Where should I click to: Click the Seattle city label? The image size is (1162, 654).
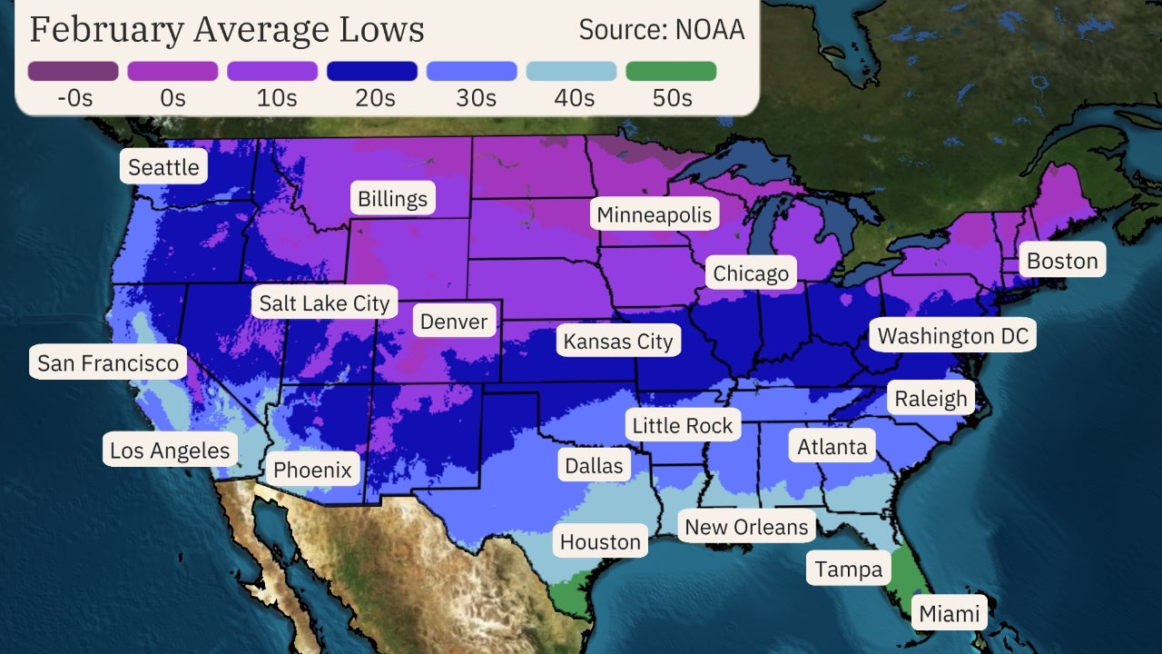(163, 167)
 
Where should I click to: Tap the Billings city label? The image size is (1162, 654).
(392, 199)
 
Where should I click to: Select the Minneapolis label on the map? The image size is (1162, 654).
(654, 214)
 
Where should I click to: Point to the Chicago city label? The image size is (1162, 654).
(751, 273)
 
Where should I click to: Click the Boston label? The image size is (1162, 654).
(1062, 261)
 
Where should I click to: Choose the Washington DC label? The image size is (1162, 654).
(953, 336)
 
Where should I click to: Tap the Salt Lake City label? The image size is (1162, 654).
(324, 302)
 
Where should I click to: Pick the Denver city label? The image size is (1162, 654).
(454, 321)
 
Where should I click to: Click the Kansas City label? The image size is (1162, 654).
(618, 342)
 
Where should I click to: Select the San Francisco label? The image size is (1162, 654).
(108, 363)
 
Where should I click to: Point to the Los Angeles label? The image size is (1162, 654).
(170, 450)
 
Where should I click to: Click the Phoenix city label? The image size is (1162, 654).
(312, 470)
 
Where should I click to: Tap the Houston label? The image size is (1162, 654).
(600, 542)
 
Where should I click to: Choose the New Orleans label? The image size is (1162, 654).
(746, 527)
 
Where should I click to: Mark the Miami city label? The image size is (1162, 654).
(950, 613)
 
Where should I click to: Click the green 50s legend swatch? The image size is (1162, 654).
(671, 71)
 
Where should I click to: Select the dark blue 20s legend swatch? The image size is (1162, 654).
(372, 71)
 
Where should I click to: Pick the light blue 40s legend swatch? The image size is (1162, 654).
(571, 71)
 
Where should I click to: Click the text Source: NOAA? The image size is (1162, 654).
(662, 30)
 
